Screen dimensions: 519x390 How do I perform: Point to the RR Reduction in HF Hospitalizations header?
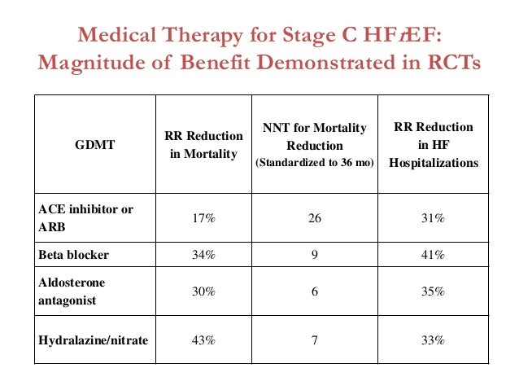pos(433,145)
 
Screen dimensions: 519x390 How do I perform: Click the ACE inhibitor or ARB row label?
pos(85,217)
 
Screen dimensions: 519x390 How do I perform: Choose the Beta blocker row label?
pos(74,255)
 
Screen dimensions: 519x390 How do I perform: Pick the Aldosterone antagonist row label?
pos(72,289)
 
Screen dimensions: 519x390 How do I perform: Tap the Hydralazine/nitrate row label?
pos(94,340)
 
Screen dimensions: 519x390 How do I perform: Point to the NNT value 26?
pos(315,218)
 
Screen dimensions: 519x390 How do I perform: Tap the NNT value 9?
pos(315,255)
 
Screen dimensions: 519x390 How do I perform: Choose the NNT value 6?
pos(315,290)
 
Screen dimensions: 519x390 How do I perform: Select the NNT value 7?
pos(315,340)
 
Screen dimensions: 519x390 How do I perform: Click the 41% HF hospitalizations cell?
pos(433,255)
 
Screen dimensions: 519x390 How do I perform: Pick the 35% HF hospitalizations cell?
pos(433,290)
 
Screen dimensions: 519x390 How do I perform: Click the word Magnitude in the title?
pos(83,64)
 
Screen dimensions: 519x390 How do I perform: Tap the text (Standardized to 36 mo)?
pos(315,162)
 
